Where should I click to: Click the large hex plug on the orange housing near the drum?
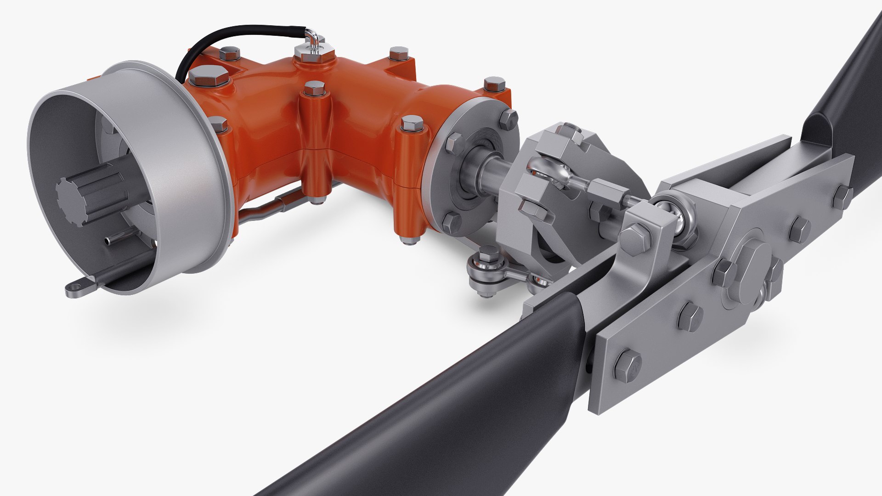[209, 75]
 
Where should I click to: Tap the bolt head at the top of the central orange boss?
[315, 87]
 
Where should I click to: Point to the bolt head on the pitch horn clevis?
[636, 235]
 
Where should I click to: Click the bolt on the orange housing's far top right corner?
[494, 84]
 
